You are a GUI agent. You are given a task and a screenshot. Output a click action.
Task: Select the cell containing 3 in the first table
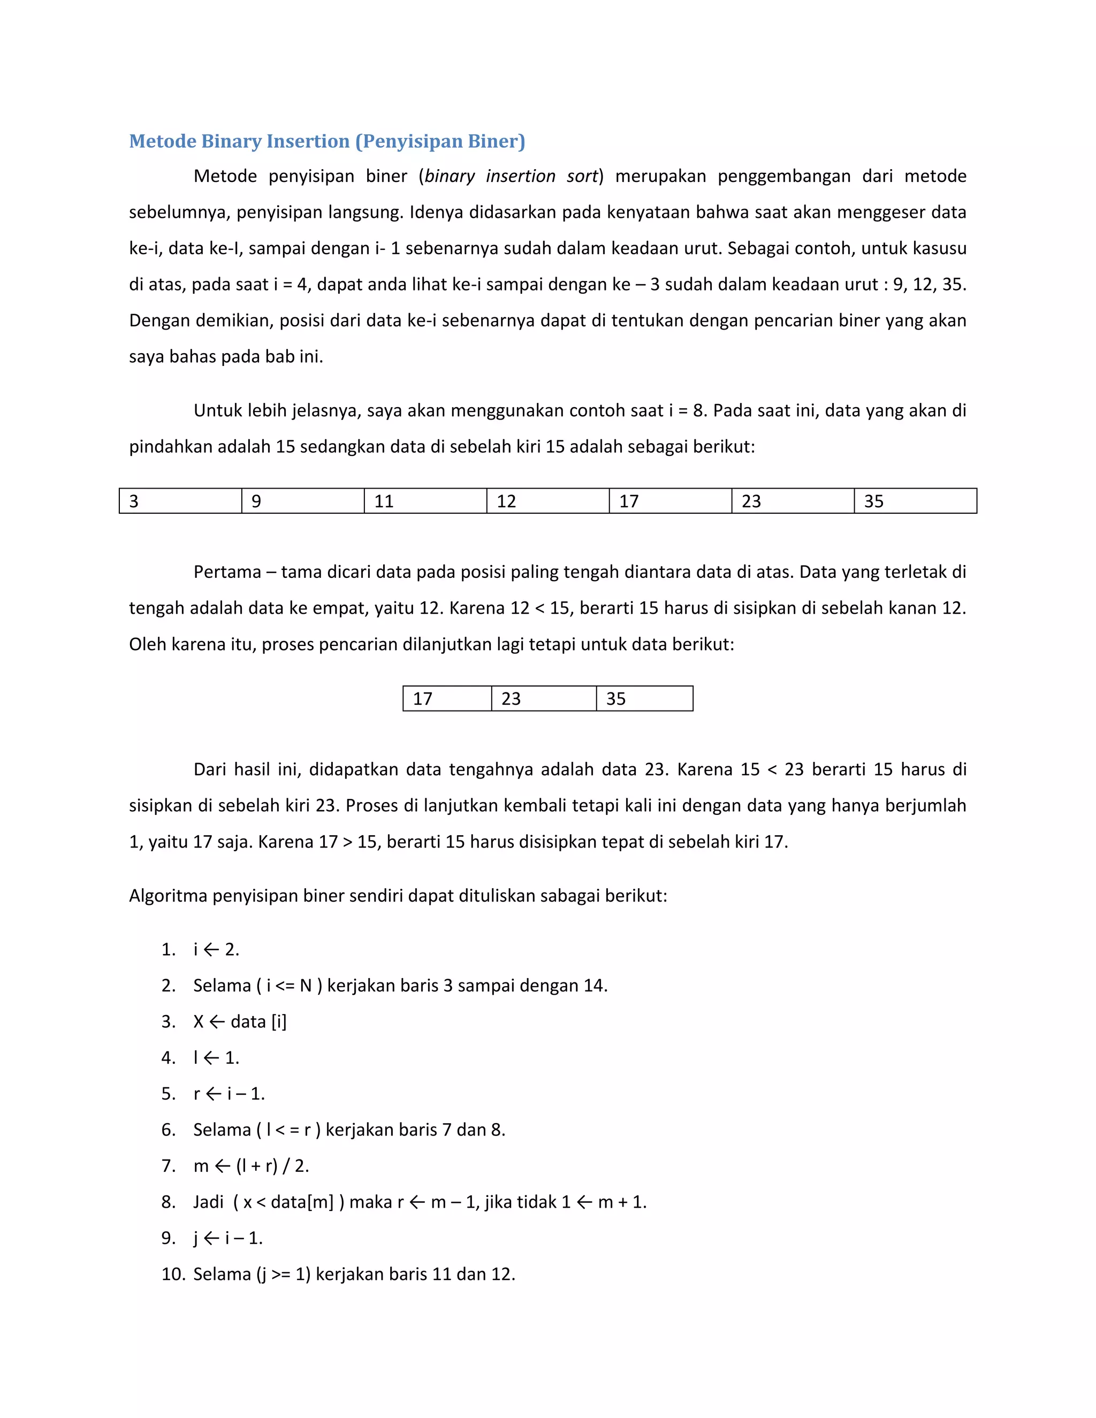180,501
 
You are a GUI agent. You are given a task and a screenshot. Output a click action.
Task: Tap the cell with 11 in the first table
425,501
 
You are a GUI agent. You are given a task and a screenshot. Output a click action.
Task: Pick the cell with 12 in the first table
547,501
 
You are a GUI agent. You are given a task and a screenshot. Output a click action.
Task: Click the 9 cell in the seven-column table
302,501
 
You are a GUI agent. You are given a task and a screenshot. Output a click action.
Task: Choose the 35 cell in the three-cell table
644,699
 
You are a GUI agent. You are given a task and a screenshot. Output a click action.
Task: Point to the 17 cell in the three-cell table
447,699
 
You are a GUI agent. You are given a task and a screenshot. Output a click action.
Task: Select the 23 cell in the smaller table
544,699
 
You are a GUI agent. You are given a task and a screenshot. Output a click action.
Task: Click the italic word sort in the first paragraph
582,176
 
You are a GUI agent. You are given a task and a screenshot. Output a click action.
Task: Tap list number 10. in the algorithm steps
173,1274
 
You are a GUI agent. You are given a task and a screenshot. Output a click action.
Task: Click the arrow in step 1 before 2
211,949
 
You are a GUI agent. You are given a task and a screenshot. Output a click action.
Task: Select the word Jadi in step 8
208,1202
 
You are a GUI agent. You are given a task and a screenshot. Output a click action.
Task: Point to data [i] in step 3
258,1021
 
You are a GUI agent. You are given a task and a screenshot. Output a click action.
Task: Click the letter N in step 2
306,986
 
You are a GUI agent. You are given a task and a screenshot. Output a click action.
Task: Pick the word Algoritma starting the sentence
168,895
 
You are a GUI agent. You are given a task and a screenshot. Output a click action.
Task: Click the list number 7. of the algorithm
168,1165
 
